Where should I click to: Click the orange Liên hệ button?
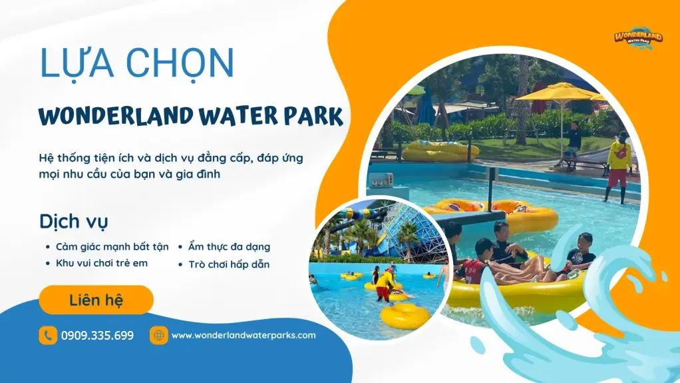click(x=96, y=300)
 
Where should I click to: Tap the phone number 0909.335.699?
click(x=97, y=335)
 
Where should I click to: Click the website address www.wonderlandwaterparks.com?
click(x=244, y=335)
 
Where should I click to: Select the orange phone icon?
click(x=48, y=335)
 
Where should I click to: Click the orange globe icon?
click(x=158, y=335)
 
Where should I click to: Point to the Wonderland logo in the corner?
click(x=637, y=37)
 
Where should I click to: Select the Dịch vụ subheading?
click(x=74, y=221)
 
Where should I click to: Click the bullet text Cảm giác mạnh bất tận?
click(x=112, y=246)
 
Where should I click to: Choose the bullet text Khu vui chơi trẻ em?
click(x=101, y=263)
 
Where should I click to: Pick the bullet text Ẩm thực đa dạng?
click(x=229, y=246)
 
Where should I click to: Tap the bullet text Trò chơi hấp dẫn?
click(x=228, y=264)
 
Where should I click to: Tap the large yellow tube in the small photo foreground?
click(x=405, y=315)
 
